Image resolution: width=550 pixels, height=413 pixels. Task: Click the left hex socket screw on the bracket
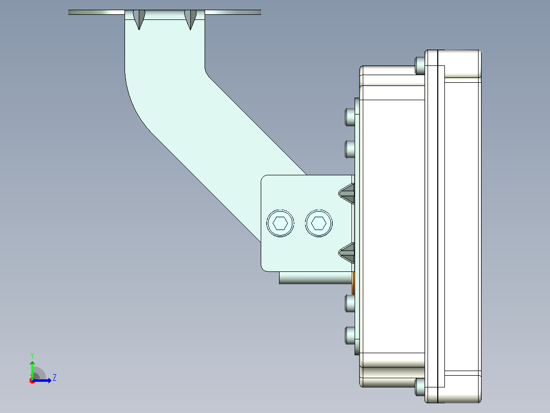[280, 223]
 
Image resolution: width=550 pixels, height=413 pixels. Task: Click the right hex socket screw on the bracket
[319, 223]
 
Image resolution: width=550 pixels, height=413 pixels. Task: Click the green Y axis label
[32, 355]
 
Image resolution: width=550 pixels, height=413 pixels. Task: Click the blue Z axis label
[55, 378]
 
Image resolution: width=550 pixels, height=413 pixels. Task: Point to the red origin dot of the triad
[32, 381]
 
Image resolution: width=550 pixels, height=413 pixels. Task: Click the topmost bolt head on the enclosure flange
[420, 66]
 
